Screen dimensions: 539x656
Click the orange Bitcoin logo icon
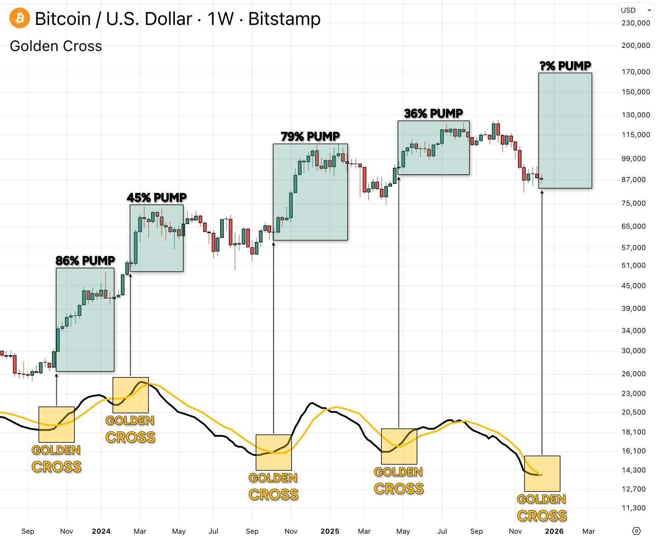click(x=20, y=18)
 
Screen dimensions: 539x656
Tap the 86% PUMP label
click(x=85, y=260)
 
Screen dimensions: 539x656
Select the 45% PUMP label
click(x=156, y=197)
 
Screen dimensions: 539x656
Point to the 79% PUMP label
click(x=310, y=136)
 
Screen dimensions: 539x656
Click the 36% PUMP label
click(x=433, y=113)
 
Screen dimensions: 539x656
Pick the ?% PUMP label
click(x=565, y=66)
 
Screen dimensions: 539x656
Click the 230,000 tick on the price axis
click(x=636, y=23)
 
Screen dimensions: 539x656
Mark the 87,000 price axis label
click(x=636, y=180)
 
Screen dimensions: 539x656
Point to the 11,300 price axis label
click(x=636, y=508)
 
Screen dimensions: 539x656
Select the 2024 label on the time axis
click(x=101, y=531)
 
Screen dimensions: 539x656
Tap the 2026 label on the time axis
click(x=554, y=531)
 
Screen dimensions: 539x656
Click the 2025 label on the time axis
click(x=330, y=531)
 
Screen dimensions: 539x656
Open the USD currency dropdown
click(x=636, y=10)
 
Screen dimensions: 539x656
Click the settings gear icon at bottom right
click(x=636, y=531)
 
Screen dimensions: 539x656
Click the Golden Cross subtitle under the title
click(x=56, y=46)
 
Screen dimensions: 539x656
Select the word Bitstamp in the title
click(x=284, y=18)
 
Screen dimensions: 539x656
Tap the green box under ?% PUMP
click(x=565, y=130)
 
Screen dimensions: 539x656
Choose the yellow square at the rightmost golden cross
click(x=542, y=473)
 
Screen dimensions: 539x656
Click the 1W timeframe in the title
click(x=220, y=18)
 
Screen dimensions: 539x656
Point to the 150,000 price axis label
click(x=636, y=92)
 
